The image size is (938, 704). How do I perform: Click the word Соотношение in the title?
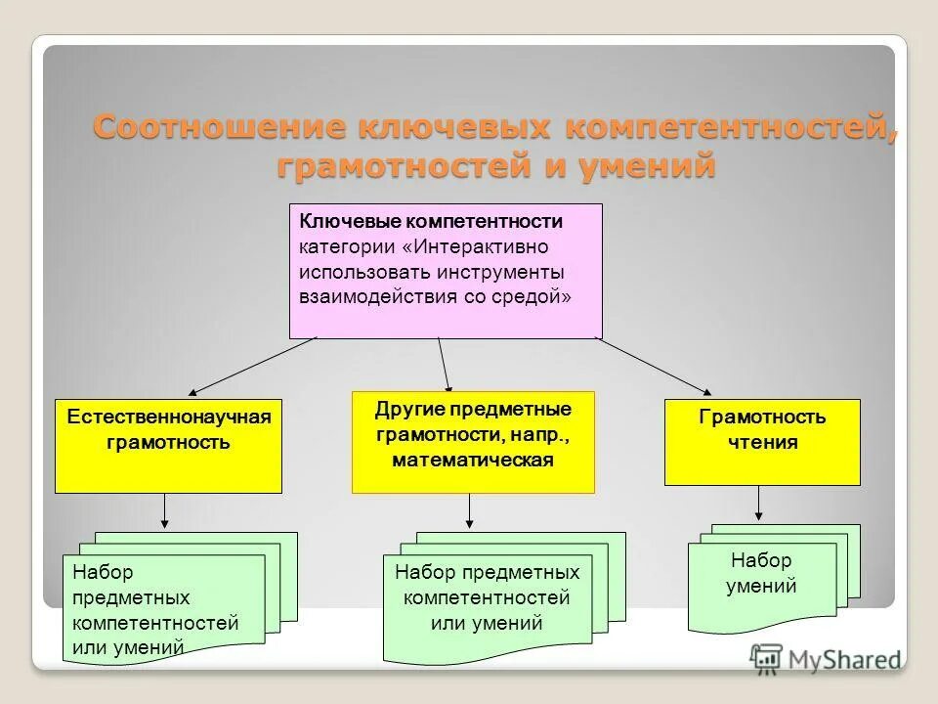click(x=220, y=129)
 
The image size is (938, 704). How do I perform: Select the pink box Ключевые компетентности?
click(x=446, y=271)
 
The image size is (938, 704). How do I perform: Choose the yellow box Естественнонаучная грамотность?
click(x=168, y=445)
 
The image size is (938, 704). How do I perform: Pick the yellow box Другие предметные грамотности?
click(x=473, y=442)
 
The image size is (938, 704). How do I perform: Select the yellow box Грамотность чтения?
click(x=762, y=442)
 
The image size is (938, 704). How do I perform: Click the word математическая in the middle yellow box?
click(x=473, y=460)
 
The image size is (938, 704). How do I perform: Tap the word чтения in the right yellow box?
click(x=762, y=442)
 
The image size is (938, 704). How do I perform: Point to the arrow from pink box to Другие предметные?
click(x=445, y=364)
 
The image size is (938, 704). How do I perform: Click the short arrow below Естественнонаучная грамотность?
click(x=165, y=510)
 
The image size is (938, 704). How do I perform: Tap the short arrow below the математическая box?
click(x=470, y=510)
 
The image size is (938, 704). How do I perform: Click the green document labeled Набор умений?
click(x=762, y=587)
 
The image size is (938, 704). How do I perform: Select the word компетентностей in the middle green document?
click(x=486, y=597)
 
